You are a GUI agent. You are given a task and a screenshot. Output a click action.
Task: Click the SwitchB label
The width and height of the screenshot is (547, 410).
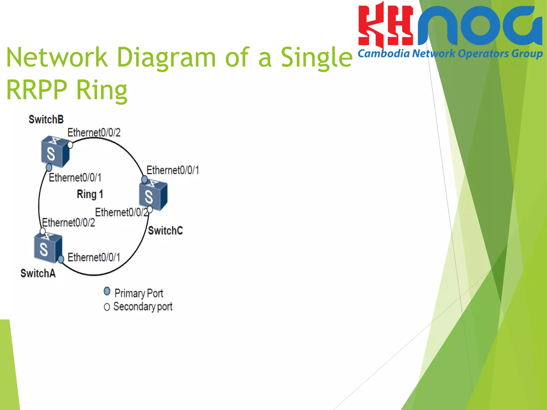(x=46, y=120)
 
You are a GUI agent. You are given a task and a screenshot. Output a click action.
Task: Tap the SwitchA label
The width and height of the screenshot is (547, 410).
(x=38, y=273)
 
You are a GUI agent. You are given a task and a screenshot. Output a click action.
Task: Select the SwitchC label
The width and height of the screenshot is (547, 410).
(x=165, y=231)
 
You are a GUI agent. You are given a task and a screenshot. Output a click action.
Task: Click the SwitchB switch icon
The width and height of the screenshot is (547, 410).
(x=55, y=152)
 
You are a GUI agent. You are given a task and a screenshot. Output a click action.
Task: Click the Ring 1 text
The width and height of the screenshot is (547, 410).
(x=90, y=194)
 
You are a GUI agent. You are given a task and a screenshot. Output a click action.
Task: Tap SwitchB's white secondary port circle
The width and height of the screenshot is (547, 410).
(x=70, y=145)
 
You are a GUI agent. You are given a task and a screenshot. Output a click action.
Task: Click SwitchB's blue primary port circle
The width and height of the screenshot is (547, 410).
(x=49, y=168)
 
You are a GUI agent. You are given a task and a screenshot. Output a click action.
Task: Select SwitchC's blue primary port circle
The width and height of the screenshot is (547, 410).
(x=144, y=179)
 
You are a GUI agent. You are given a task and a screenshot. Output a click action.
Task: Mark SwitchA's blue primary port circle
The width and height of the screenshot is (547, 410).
(x=61, y=259)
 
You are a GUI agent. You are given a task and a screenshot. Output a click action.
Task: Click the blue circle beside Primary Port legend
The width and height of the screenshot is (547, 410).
(x=107, y=291)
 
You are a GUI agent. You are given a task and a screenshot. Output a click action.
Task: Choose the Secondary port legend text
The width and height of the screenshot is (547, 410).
(x=143, y=307)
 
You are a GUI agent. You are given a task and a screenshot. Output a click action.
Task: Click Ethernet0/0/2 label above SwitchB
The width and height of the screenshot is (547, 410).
(x=94, y=133)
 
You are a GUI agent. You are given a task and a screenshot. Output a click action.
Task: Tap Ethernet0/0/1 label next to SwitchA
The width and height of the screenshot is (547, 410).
(x=94, y=258)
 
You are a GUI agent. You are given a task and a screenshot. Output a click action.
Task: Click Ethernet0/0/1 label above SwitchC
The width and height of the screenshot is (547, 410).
(x=173, y=170)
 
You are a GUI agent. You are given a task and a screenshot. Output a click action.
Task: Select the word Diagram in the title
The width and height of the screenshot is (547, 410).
(x=166, y=57)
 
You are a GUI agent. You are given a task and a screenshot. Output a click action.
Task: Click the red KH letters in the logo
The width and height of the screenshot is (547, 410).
(x=385, y=25)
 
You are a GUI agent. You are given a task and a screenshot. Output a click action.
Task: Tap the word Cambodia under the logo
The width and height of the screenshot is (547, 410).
(x=384, y=54)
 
